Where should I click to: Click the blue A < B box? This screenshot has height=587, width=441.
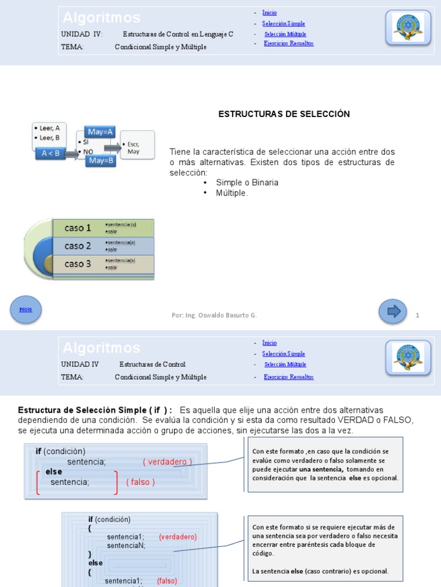point(50,154)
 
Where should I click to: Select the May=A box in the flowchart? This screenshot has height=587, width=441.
point(101,132)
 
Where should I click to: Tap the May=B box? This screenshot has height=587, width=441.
point(101,161)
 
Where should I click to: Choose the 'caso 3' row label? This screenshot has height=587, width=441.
point(78,264)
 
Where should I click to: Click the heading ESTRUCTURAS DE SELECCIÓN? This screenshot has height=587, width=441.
point(284,114)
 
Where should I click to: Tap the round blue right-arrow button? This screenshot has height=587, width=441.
point(393,311)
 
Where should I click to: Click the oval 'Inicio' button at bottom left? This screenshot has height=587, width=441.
point(26,309)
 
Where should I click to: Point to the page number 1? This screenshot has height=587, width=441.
point(417,315)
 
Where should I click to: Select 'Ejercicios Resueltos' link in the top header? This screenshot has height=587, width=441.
point(289,44)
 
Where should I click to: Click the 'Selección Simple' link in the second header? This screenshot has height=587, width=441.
point(284,354)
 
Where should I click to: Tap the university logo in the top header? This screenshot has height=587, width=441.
point(408,27)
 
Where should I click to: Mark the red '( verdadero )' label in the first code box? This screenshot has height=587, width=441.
point(168,461)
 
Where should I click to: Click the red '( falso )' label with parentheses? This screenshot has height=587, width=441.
point(141,482)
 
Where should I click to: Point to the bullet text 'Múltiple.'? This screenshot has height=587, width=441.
point(233,193)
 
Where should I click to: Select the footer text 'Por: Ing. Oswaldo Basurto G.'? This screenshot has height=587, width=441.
point(214,315)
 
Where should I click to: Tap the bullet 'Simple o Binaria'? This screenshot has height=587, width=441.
point(247,182)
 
